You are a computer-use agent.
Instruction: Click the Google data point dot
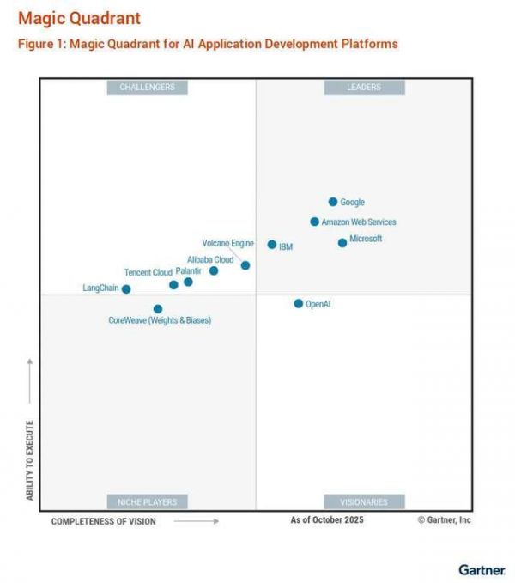coord(333,202)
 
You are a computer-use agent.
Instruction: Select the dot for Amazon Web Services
coord(315,222)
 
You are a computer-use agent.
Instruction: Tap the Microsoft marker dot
coord(342,243)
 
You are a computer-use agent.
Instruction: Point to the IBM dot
coord(272,245)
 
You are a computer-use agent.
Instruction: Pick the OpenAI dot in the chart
coord(299,303)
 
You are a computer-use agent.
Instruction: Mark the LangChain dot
coord(126,289)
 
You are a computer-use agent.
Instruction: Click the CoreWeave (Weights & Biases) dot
coord(158,309)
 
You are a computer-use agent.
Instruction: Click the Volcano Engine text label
coord(227,243)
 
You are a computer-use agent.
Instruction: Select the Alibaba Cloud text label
coord(210,259)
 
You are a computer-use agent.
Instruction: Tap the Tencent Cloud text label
coord(148,272)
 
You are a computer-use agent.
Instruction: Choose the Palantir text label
coord(189,271)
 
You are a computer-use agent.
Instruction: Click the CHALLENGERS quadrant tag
coord(147,87)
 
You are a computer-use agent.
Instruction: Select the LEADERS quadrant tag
coord(364,87)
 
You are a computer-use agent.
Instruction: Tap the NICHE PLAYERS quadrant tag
coord(147,501)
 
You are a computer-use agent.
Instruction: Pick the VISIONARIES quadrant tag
coord(364,501)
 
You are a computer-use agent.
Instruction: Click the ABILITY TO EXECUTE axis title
coord(30,460)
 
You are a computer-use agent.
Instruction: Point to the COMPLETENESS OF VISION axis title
coord(103,521)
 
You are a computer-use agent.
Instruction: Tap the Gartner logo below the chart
coord(482,569)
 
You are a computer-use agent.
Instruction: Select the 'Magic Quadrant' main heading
coord(79,18)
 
